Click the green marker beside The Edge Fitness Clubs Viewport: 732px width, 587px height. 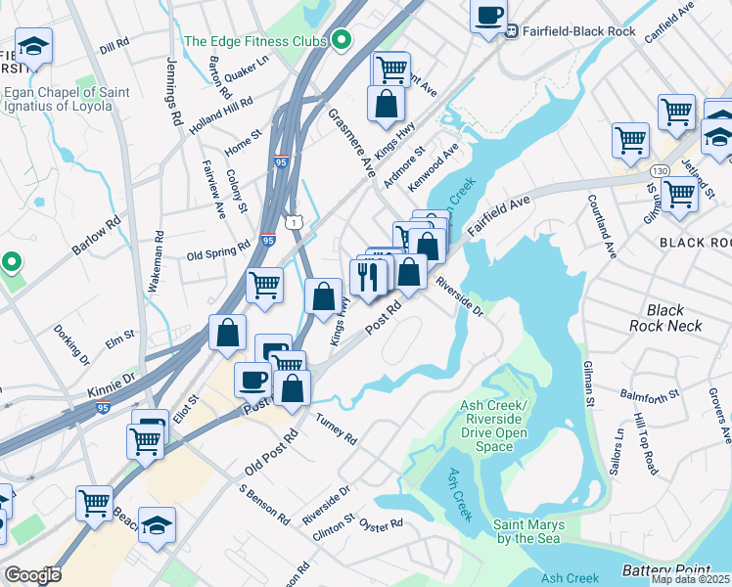click(x=341, y=41)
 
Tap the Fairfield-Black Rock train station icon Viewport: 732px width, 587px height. click(x=510, y=29)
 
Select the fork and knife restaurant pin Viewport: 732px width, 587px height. click(x=366, y=275)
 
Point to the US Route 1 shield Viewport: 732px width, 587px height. click(x=294, y=223)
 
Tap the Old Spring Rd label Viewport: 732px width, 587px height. click(x=218, y=254)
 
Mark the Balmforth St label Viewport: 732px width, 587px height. click(x=650, y=395)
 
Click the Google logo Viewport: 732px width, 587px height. click(x=32, y=575)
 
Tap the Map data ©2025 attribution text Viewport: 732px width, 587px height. click(x=690, y=579)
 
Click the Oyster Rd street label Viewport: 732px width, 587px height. click(x=381, y=524)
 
